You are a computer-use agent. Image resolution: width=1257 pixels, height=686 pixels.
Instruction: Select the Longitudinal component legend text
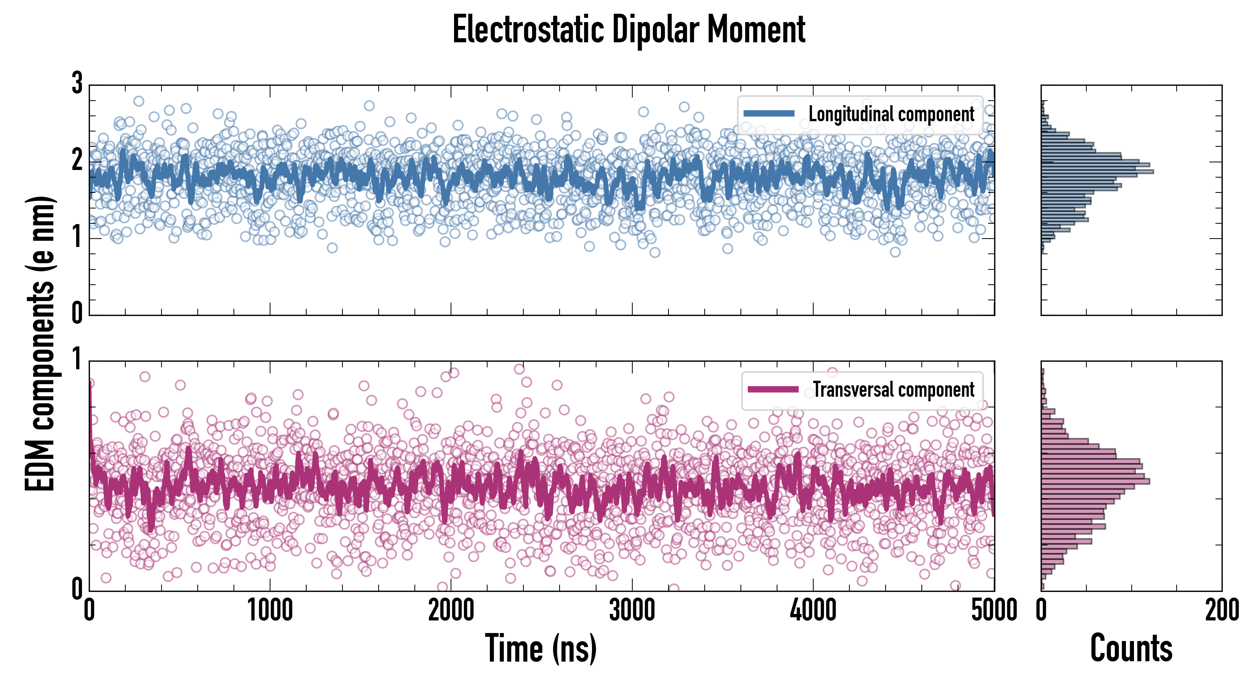click(891, 114)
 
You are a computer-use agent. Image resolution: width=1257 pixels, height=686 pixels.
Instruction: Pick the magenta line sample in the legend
click(773, 389)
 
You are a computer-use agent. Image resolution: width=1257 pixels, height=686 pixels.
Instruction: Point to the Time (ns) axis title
click(541, 648)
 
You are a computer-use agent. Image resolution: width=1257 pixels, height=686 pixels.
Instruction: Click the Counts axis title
click(1131, 648)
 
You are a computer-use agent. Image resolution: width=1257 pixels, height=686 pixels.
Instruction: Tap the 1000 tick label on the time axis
click(270, 610)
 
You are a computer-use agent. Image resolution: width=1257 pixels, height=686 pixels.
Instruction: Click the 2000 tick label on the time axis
click(451, 610)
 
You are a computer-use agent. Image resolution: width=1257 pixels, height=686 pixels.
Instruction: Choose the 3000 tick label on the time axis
click(632, 610)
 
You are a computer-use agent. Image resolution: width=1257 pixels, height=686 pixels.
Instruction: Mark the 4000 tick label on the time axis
click(813, 610)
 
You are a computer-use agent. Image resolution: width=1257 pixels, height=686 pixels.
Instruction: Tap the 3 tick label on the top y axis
click(77, 83)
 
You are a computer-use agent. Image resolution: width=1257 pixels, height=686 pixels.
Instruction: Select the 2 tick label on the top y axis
click(77, 160)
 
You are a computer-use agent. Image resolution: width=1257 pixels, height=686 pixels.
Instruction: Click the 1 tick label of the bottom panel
click(77, 359)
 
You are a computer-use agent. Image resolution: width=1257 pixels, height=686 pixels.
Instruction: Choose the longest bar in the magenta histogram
click(1095, 481)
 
